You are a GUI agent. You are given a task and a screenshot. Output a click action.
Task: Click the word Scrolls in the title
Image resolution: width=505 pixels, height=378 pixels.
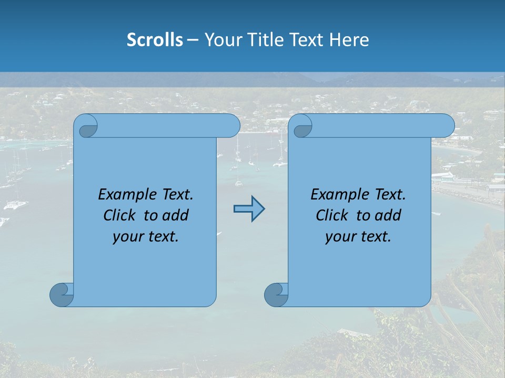[x=155, y=40]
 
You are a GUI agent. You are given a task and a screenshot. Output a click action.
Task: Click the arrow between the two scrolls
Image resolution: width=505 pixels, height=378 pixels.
[x=249, y=209]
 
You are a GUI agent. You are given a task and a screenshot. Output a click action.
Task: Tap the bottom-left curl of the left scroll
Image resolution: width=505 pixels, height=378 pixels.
[x=62, y=295]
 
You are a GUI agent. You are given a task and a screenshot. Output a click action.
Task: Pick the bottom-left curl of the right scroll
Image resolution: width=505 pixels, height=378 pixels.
[x=276, y=295]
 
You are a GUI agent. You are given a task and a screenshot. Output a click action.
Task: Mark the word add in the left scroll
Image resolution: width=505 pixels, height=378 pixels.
[x=176, y=216]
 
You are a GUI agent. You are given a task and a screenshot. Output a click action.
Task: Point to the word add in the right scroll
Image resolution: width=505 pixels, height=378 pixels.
[x=389, y=216]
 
